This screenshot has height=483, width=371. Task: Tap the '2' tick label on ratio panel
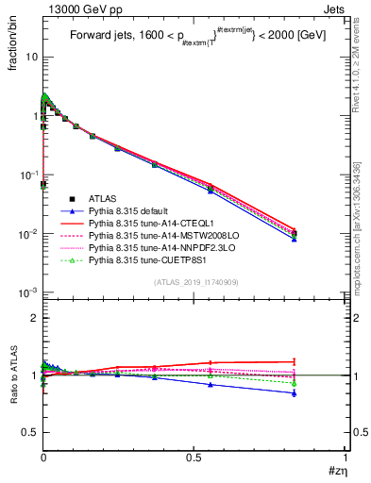34,319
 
